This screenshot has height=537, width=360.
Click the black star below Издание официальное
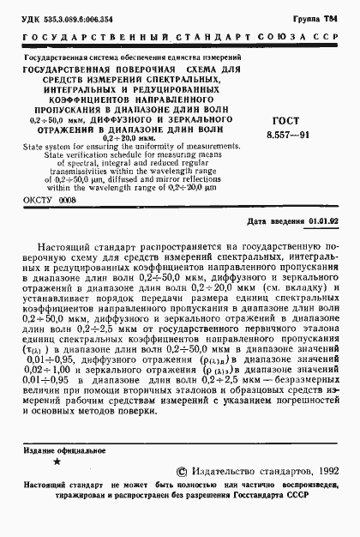point(56,463)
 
